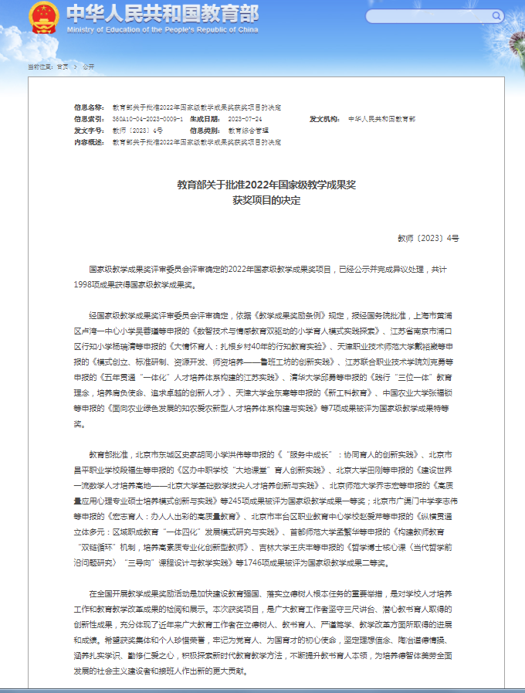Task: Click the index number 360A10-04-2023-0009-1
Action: tap(147, 120)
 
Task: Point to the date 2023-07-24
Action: tap(247, 120)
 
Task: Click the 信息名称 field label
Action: tap(89, 107)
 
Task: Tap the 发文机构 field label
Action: tap(324, 120)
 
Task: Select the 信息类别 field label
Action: tap(205, 131)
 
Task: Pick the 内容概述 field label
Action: tap(89, 143)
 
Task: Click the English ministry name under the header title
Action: tap(161, 29)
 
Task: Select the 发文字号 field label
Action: tap(89, 131)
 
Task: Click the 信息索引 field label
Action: tap(89, 120)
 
